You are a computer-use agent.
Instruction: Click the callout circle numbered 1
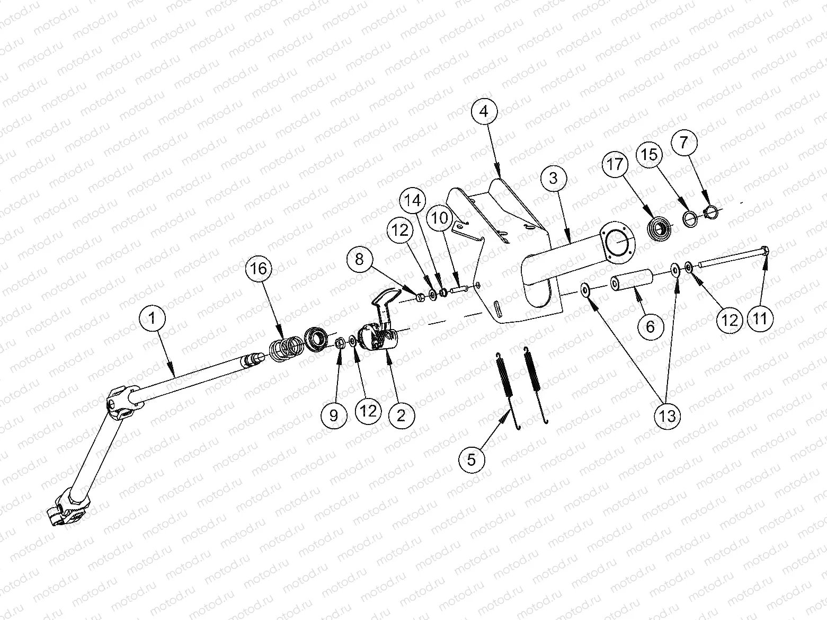coord(152,318)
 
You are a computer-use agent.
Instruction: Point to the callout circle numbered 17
coord(616,165)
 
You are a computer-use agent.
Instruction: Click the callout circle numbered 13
coord(668,415)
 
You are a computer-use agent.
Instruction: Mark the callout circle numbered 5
coord(472,459)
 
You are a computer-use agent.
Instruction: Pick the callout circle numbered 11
coord(760,318)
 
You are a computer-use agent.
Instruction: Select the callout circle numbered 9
coord(334,415)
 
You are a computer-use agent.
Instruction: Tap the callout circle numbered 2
coord(401,415)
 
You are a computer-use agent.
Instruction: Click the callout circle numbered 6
coord(650,327)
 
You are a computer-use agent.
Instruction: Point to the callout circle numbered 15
coord(650,154)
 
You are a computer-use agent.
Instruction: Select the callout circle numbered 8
coord(360,259)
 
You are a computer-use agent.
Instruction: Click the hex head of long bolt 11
coord(764,251)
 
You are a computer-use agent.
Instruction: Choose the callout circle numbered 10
coord(440,218)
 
